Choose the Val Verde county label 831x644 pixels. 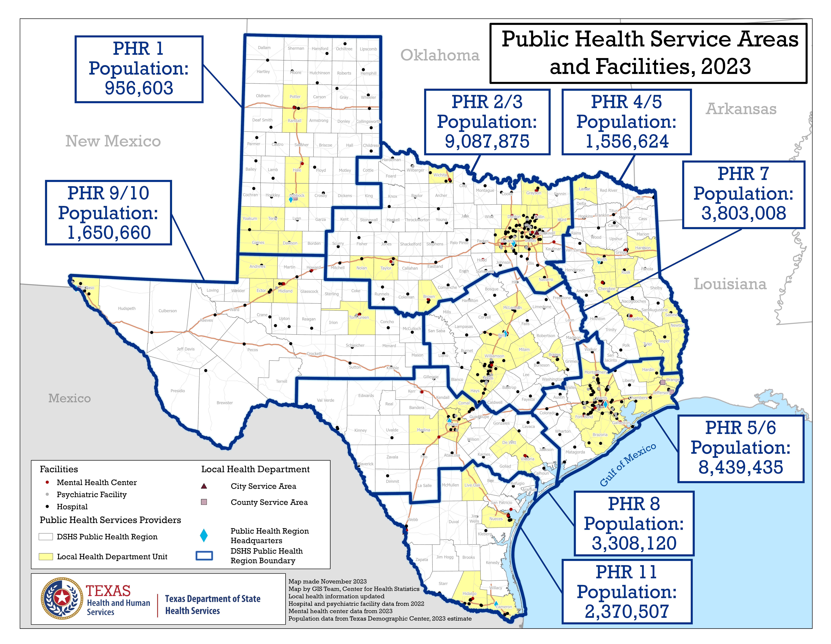click(325, 400)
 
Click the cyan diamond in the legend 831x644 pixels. click(204, 535)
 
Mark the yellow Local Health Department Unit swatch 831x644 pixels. click(46, 557)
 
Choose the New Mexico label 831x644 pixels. click(113, 141)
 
